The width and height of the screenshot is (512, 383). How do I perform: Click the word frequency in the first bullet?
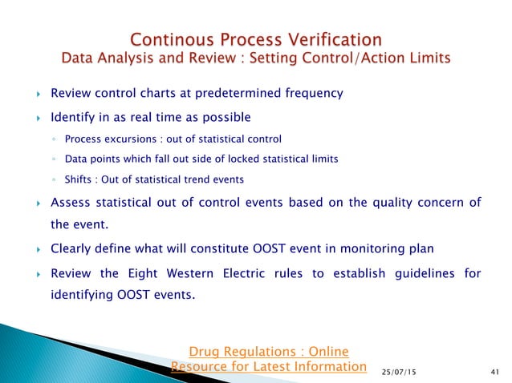(311, 94)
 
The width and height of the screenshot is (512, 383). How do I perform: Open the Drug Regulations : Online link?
(268, 351)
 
